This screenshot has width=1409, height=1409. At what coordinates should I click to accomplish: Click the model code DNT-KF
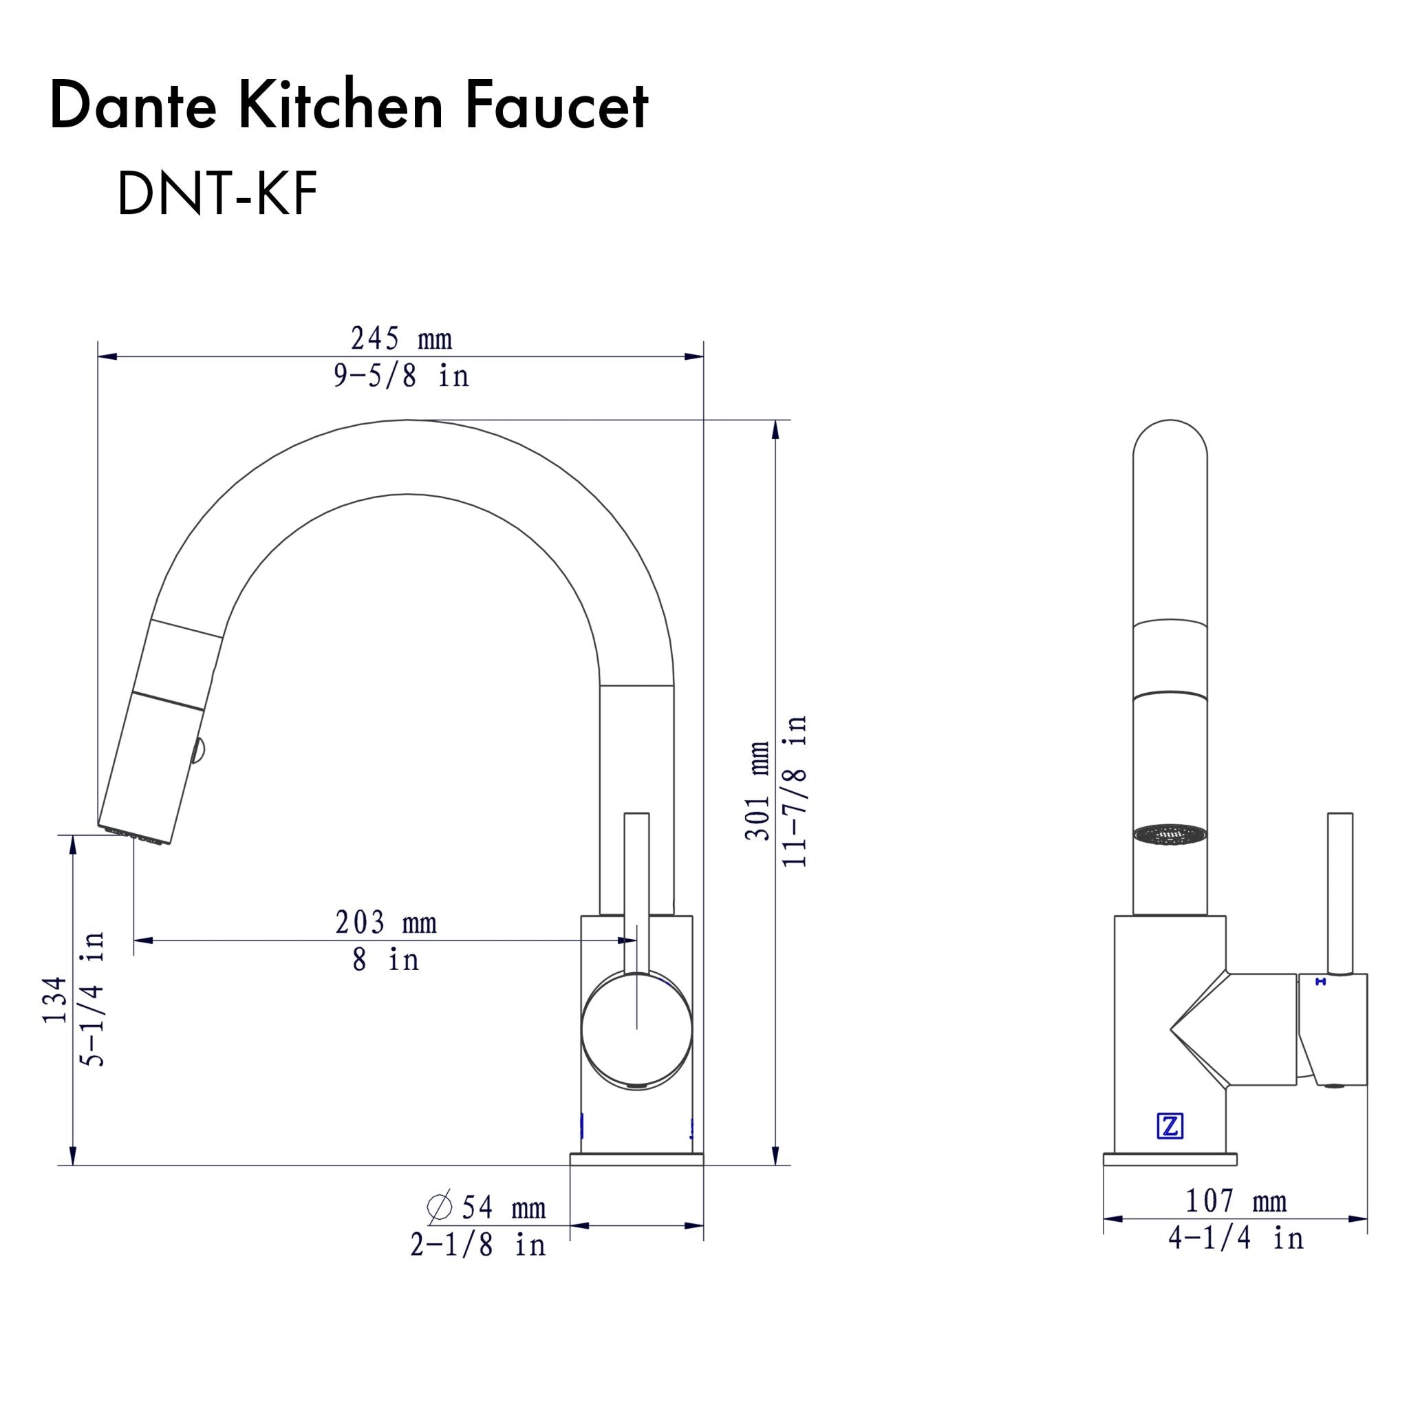tap(217, 195)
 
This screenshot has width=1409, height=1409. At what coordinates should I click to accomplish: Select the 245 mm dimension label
tap(401, 339)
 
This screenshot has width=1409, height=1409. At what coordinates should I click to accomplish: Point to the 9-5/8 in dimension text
tap(401, 376)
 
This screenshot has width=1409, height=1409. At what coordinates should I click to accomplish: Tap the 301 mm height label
tap(757, 791)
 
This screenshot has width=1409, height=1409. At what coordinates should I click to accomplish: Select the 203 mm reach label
tap(386, 923)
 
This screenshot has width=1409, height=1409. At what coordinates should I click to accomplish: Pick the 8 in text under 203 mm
tap(386, 960)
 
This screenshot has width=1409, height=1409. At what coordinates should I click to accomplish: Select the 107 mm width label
tap(1236, 1201)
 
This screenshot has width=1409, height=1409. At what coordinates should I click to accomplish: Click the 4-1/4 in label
tap(1236, 1238)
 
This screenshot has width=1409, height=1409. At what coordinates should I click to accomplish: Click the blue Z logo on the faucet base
tap(1170, 1127)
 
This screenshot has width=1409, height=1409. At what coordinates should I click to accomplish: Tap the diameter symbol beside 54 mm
tap(440, 1207)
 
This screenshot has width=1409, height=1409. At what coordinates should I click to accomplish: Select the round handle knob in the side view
tap(636, 1030)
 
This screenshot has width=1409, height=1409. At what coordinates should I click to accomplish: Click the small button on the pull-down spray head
tap(197, 751)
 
